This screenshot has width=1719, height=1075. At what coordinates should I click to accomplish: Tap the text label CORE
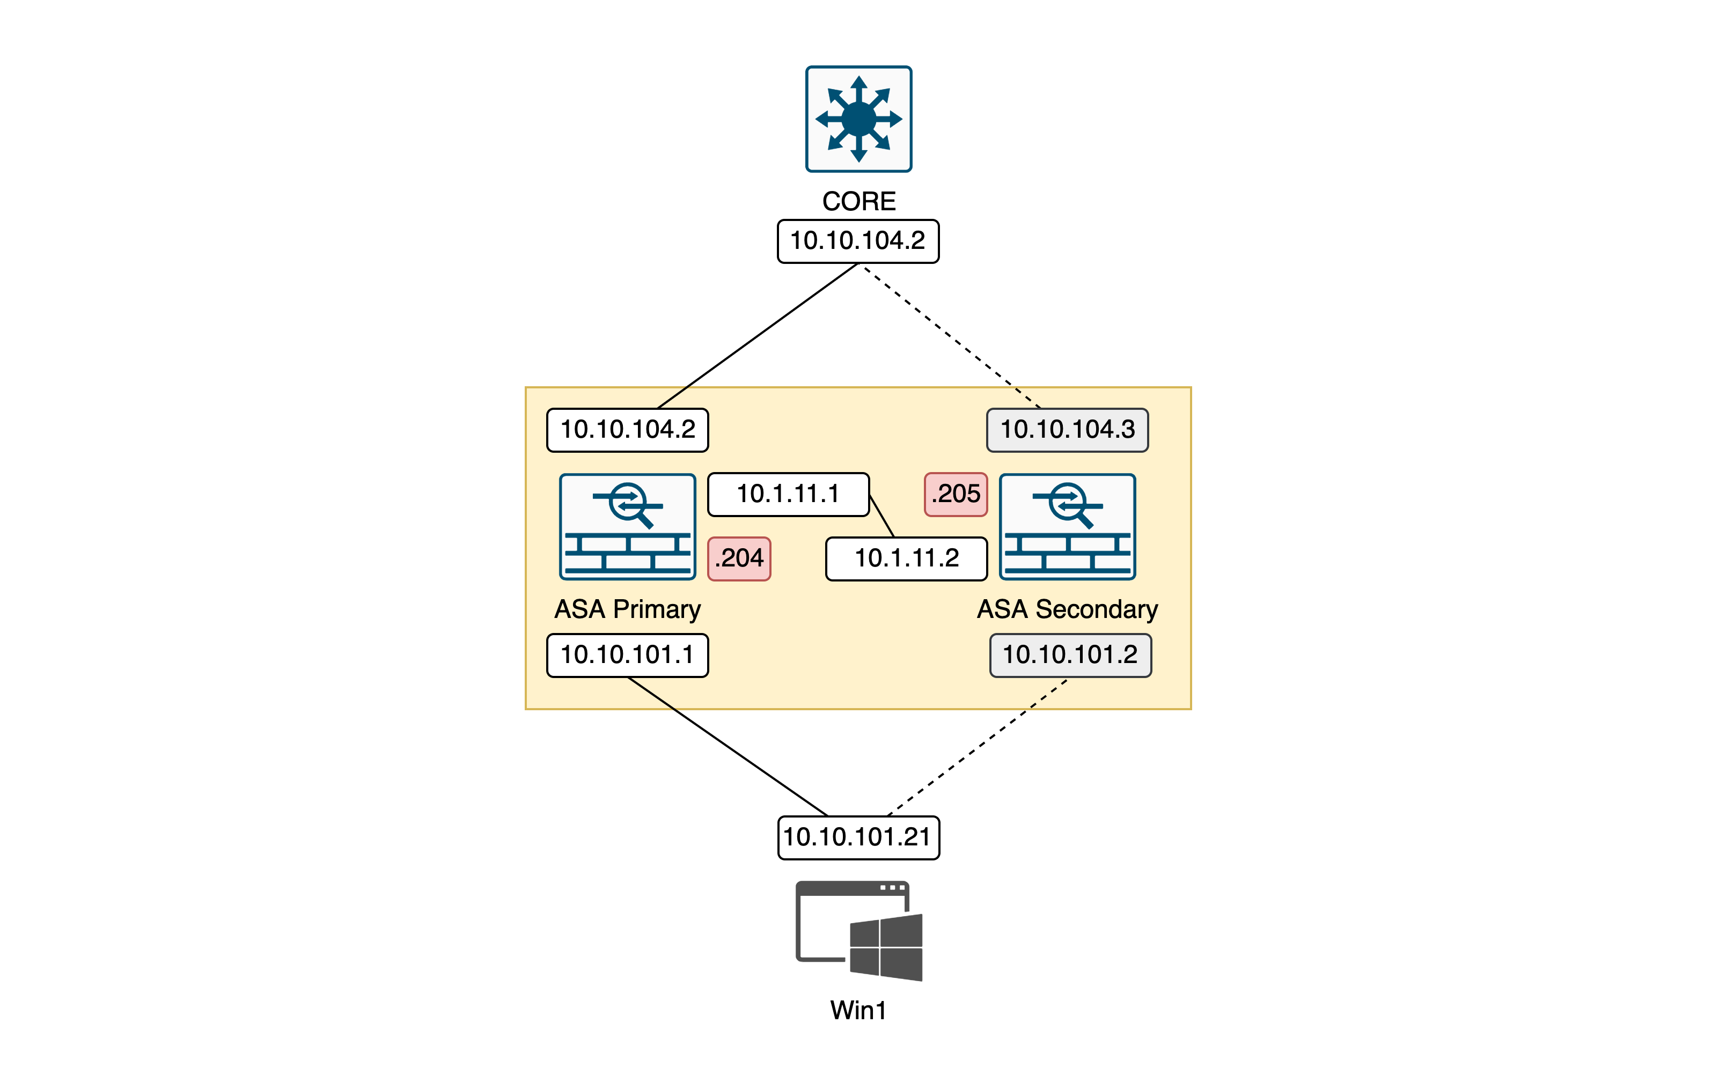pos(859,201)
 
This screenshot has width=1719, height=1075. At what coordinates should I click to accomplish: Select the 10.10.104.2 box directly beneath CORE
pos(858,241)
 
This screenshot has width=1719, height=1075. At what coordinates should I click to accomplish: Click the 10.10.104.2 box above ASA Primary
pos(627,430)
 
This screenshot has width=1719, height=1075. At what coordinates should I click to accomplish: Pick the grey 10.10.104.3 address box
pos(1067,430)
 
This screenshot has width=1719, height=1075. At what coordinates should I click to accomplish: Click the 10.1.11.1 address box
pos(788,494)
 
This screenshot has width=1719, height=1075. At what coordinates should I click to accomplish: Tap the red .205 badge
pos(956,494)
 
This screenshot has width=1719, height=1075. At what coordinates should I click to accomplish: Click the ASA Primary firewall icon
pos(627,527)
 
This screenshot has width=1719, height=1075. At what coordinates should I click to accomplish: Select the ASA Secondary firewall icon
pos(1067,527)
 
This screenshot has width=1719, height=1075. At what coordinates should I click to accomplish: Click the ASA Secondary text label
pos(1067,609)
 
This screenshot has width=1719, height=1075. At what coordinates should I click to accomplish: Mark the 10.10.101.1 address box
pos(627,655)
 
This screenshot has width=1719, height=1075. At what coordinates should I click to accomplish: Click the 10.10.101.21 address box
pos(858,837)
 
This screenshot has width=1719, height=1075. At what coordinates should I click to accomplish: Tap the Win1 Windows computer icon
pos(859,931)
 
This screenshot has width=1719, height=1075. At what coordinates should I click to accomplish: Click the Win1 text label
pos(858,1010)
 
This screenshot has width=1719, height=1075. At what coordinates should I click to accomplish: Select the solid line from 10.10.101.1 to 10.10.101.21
pos(729,747)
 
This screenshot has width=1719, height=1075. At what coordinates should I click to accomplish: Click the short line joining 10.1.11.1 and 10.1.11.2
pos(881,516)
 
